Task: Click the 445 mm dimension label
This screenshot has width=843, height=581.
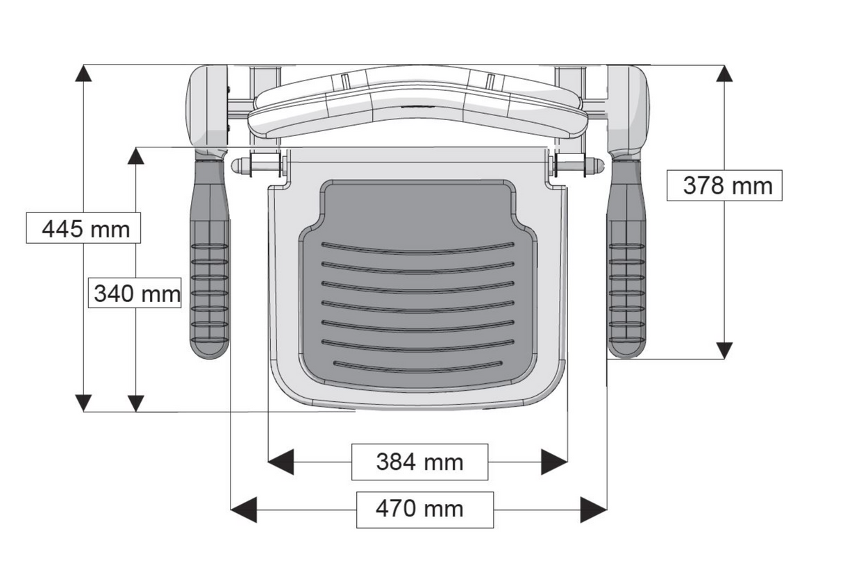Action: tap(83, 228)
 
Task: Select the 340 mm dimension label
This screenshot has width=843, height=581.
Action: tap(137, 294)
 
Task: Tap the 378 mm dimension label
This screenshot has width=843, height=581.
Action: tap(724, 185)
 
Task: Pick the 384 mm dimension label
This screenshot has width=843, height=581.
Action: tap(419, 462)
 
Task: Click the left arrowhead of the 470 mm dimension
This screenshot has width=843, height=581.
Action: tap(243, 510)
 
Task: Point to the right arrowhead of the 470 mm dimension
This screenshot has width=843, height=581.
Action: tap(594, 510)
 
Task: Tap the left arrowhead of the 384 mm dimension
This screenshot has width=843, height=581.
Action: tap(281, 462)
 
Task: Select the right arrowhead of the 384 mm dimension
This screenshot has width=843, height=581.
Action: tap(555, 462)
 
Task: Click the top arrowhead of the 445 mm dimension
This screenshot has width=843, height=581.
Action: tap(83, 74)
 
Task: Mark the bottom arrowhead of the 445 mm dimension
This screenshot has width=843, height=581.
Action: tap(83, 403)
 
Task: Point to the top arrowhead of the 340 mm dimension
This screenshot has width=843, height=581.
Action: tap(136, 155)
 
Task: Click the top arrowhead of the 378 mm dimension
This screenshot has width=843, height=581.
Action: tap(724, 74)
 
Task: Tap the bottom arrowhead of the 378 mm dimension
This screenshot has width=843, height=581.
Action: tap(724, 350)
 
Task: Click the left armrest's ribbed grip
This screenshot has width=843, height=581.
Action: tap(210, 285)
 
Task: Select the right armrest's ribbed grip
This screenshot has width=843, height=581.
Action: tap(627, 285)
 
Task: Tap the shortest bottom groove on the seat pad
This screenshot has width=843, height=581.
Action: tap(417, 366)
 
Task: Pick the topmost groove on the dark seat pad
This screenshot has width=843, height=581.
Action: tap(417, 248)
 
